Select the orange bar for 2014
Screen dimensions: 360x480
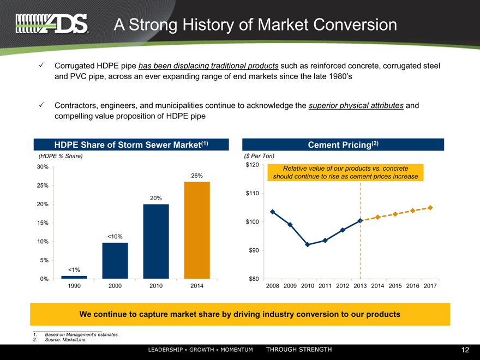click(x=197, y=230)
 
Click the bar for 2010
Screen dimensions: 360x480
click(x=156, y=241)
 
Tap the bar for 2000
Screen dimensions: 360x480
click(x=115, y=261)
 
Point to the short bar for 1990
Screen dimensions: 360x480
click(x=74, y=277)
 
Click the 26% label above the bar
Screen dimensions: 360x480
click(x=197, y=175)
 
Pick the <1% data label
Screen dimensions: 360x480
click(x=74, y=269)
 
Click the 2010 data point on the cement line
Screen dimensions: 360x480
click(x=308, y=244)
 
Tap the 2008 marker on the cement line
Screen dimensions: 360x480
click(x=272, y=212)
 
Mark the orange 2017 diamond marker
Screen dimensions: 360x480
click(x=430, y=207)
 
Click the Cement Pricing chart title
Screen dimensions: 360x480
click(x=343, y=145)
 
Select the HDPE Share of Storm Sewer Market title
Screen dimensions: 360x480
click(x=131, y=145)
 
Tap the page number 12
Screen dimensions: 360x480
click(x=465, y=350)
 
